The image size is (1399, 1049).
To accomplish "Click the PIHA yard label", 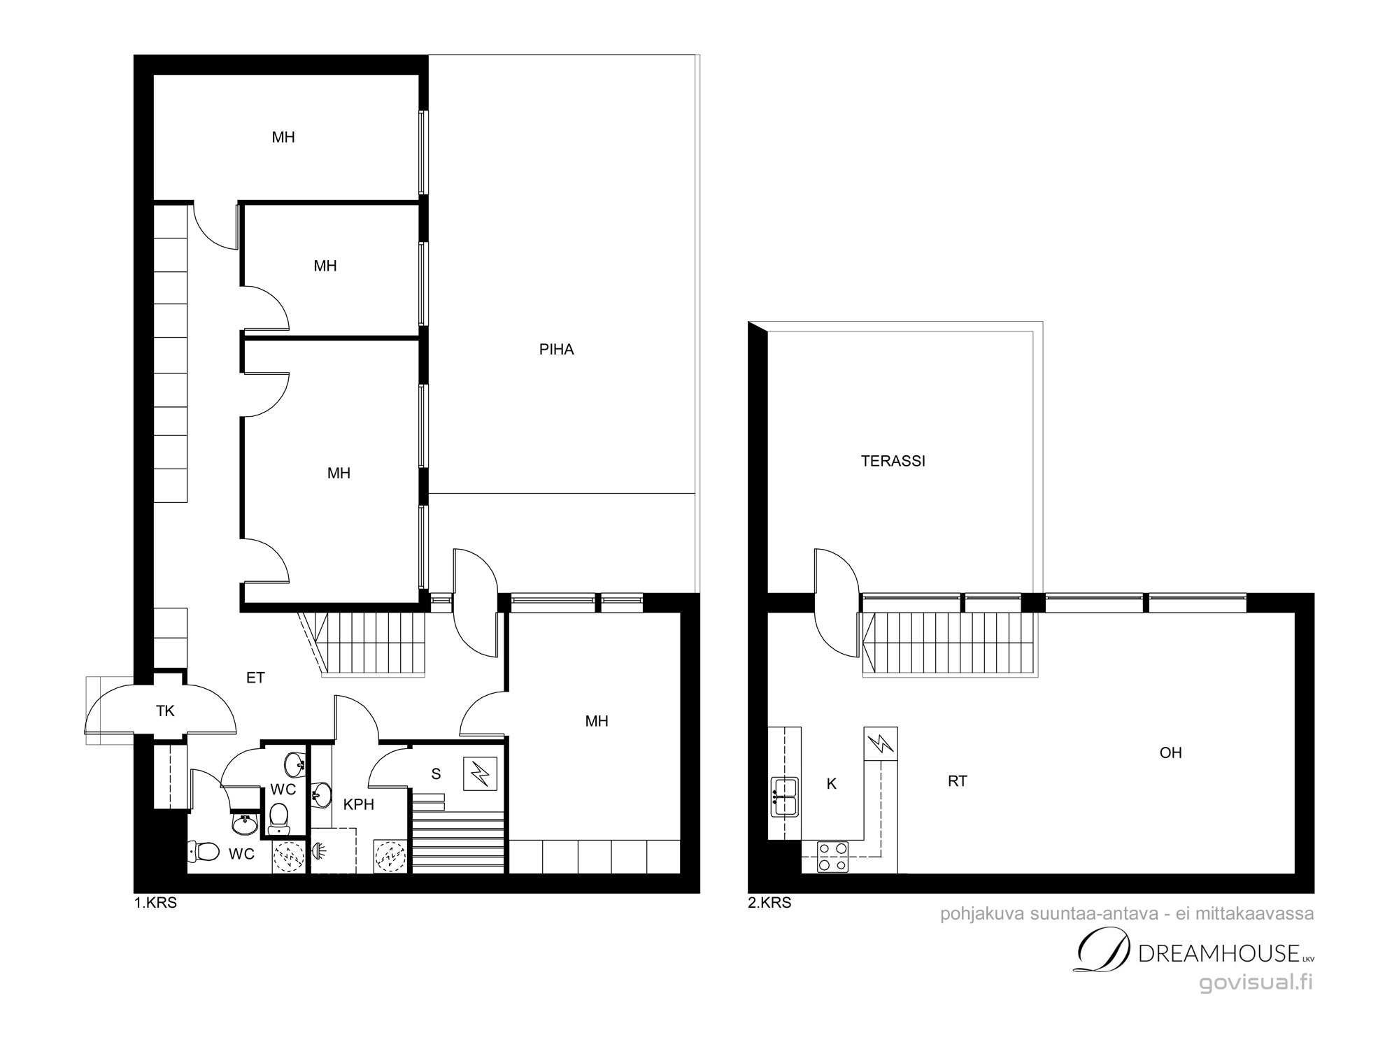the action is [x=556, y=350].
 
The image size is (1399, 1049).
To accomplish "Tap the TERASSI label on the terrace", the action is [x=893, y=462].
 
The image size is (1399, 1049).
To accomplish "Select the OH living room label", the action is [x=1170, y=753].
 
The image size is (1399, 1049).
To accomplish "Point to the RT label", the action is [x=958, y=782].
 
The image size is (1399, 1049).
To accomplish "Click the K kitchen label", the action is [x=832, y=784].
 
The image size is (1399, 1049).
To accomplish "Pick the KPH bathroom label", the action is [x=358, y=805].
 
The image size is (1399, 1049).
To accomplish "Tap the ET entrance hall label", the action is [x=255, y=678].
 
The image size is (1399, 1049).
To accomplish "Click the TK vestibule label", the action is [x=165, y=711].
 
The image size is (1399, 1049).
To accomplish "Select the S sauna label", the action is [x=436, y=773].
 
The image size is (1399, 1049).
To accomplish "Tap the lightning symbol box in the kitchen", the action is [x=881, y=743].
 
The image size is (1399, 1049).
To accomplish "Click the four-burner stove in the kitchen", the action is [x=834, y=857].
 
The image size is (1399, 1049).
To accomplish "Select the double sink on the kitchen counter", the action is [x=785, y=797].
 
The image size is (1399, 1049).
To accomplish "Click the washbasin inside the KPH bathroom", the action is [x=322, y=794].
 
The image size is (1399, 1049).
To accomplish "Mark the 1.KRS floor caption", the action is [x=155, y=903].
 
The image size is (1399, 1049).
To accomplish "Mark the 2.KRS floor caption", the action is [x=769, y=903].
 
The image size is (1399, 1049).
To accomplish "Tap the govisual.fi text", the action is [x=1256, y=983].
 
